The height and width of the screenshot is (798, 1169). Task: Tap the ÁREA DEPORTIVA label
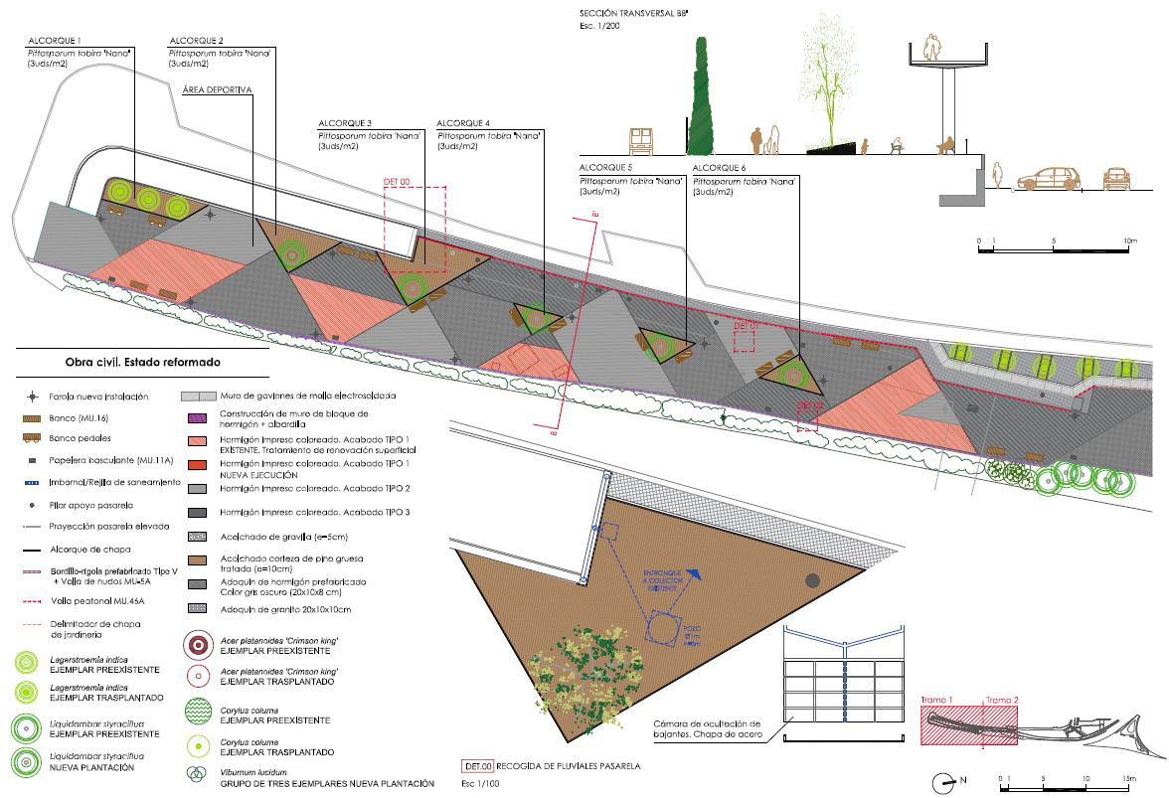point(218,90)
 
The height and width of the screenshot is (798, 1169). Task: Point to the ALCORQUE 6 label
point(719,168)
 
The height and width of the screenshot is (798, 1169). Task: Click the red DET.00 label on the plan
point(397,182)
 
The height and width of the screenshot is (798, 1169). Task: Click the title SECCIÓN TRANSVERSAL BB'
point(634,13)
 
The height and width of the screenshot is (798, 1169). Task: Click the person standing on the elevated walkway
point(931,49)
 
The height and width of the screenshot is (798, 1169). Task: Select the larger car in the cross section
point(1049,179)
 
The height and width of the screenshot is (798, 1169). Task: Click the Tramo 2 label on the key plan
point(999,701)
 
